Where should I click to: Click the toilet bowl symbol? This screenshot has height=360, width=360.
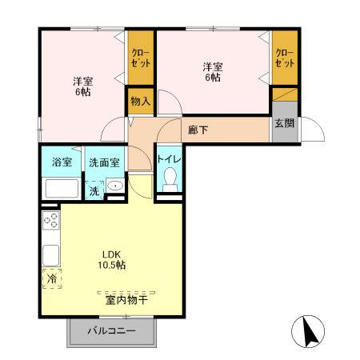(x=169, y=183)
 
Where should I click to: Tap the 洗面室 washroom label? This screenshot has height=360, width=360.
(x=104, y=161)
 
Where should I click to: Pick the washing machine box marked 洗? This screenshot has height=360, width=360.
(x=94, y=190)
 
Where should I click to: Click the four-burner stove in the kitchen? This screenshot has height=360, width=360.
(x=50, y=221)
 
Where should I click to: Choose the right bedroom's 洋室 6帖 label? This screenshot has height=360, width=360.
(x=212, y=73)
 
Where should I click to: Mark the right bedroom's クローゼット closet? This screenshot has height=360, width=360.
(x=284, y=58)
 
